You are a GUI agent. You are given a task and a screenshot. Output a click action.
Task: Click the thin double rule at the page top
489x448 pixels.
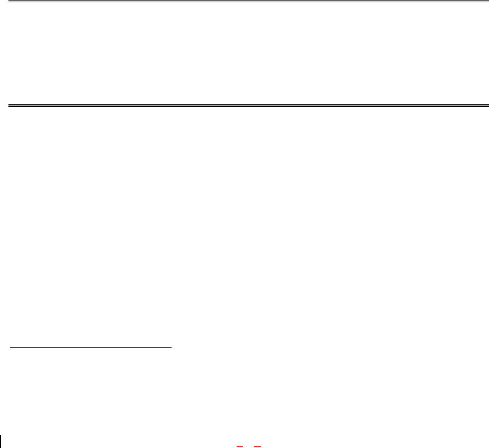click(x=245, y=2)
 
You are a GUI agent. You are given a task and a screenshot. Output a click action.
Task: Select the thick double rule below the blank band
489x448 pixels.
click(x=245, y=105)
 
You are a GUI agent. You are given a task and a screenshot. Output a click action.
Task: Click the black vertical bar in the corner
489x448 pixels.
click(x=1, y=441)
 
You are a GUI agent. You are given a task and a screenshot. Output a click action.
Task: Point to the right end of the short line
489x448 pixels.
click(x=171, y=348)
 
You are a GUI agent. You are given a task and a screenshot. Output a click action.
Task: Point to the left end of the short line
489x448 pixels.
click(x=11, y=348)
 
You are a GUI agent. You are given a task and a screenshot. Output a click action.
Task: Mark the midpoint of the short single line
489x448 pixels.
click(x=91, y=348)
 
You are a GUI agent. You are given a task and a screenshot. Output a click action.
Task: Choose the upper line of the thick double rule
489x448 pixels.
click(x=245, y=104)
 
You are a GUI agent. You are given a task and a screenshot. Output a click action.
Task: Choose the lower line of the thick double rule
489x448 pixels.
click(x=245, y=106)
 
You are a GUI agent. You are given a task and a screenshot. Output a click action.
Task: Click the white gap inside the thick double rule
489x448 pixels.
click(x=245, y=105)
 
